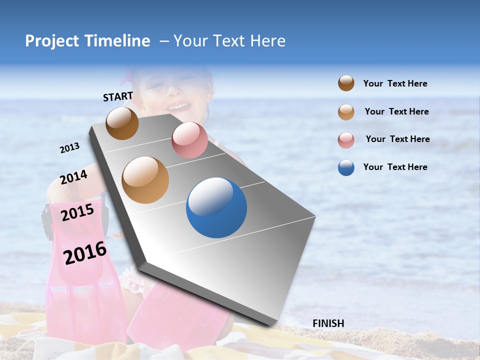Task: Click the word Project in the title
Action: tap(52, 41)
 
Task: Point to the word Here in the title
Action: tap(267, 41)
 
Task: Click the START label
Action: tap(118, 96)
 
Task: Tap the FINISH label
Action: tap(328, 323)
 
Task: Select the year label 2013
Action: tap(69, 148)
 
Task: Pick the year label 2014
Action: tap(73, 177)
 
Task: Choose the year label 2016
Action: tap(85, 253)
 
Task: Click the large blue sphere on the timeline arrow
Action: tap(216, 207)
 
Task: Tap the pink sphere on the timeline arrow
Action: tap(189, 140)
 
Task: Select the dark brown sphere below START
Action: tap(122, 123)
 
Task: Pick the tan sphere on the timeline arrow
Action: tap(145, 180)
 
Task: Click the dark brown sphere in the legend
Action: tap(346, 83)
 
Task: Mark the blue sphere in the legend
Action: tap(346, 167)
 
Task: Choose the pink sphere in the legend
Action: tap(346, 140)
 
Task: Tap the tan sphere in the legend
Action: tap(346, 112)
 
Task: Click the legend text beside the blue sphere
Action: tap(395, 167)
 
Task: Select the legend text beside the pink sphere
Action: tap(397, 139)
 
